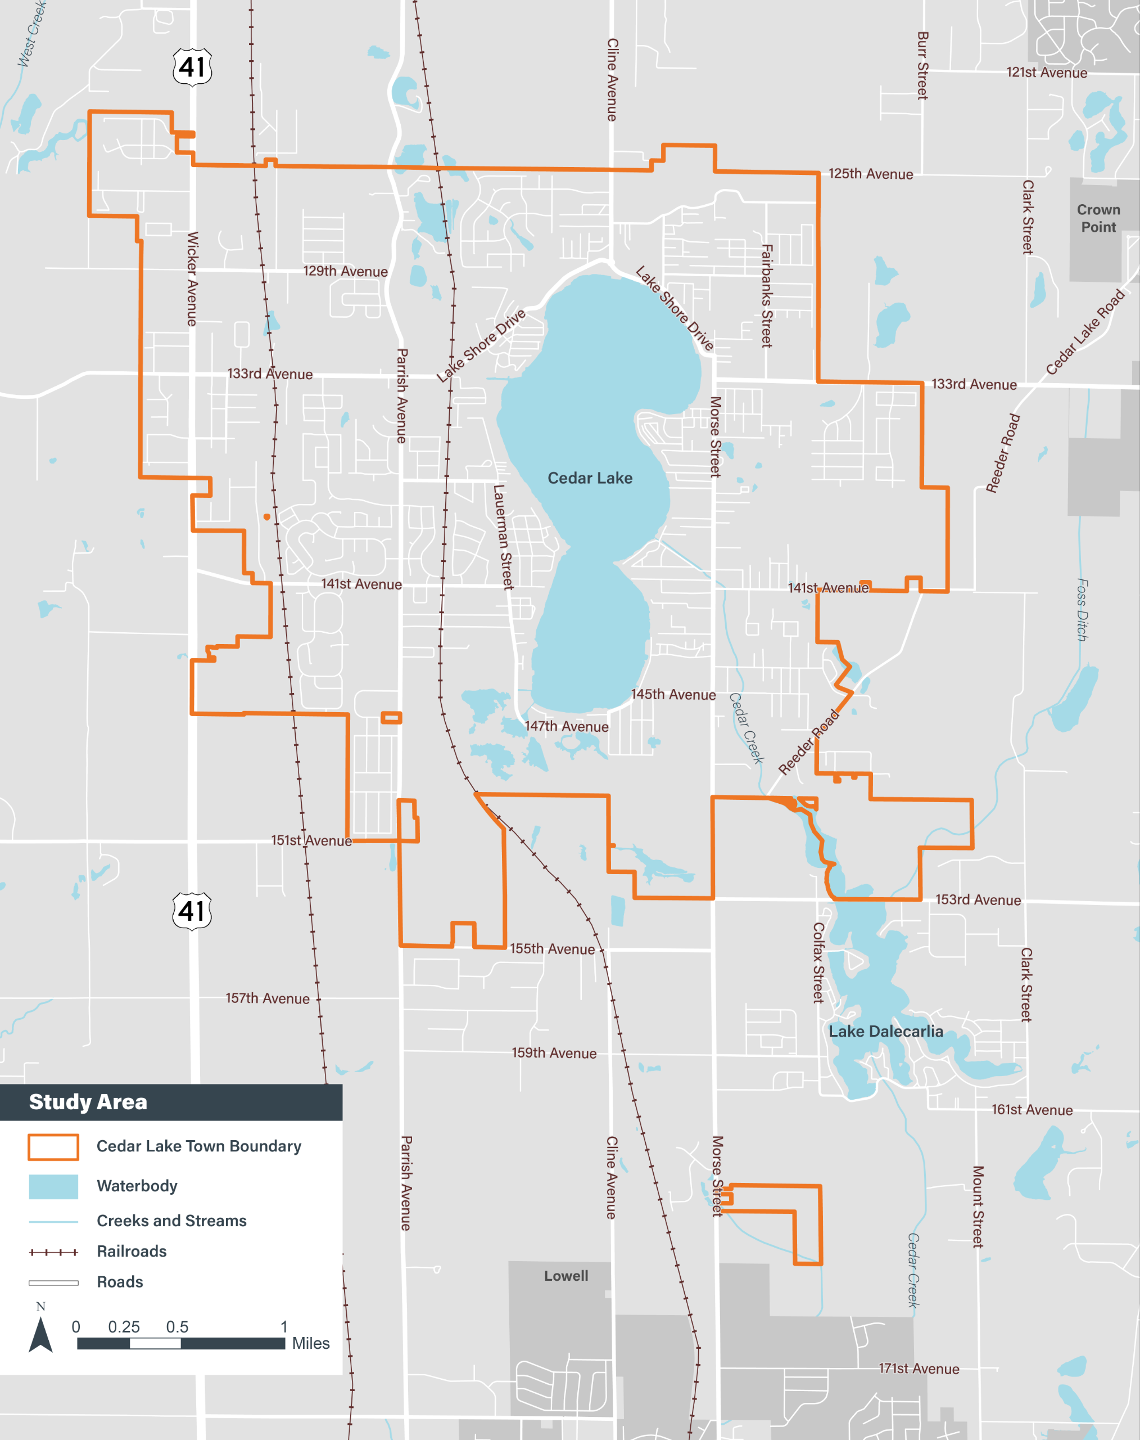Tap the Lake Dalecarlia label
(x=886, y=1032)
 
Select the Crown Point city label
(x=1098, y=218)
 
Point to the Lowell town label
(x=566, y=1276)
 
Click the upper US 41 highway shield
(x=192, y=67)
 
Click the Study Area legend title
(x=88, y=1102)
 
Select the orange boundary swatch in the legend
(x=53, y=1147)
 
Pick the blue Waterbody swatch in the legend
(x=53, y=1186)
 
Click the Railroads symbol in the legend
(x=53, y=1252)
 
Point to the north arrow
(x=40, y=1334)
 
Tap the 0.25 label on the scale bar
(x=124, y=1326)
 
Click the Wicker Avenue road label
(x=192, y=278)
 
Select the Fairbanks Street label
(x=767, y=295)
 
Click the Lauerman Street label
(x=503, y=537)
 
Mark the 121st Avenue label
(x=1047, y=73)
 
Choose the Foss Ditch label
(x=1082, y=609)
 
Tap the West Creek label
(x=31, y=33)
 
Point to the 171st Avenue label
(x=919, y=1369)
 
